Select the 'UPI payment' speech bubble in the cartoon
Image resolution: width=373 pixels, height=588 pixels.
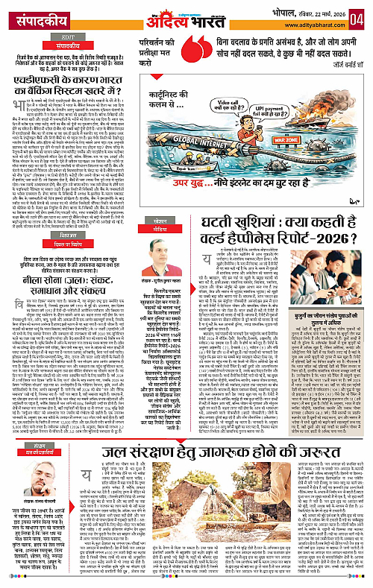click(328, 115)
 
